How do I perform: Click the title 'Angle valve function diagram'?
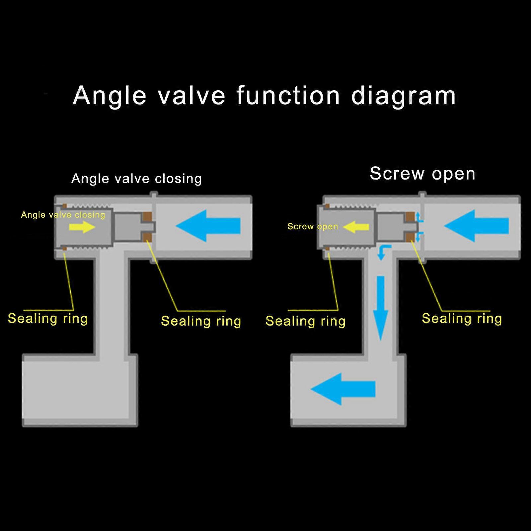[x=264, y=96]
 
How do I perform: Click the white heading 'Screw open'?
[x=422, y=174]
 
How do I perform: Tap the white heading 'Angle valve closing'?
[x=136, y=179]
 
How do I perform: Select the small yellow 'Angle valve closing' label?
[x=63, y=215]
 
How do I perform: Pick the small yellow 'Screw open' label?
[x=313, y=226]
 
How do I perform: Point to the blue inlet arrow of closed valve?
[x=208, y=226]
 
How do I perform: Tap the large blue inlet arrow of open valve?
[x=477, y=226]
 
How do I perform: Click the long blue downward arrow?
[x=380, y=307]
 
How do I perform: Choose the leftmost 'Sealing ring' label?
[x=47, y=318]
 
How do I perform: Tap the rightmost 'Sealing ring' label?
[x=462, y=318]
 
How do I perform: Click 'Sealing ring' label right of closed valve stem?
[x=201, y=321]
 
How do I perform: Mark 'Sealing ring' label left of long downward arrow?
[x=305, y=321]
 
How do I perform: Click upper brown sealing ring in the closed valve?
[x=147, y=217]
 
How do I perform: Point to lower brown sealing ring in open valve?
[x=410, y=237]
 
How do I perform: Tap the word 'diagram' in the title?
[x=403, y=96]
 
